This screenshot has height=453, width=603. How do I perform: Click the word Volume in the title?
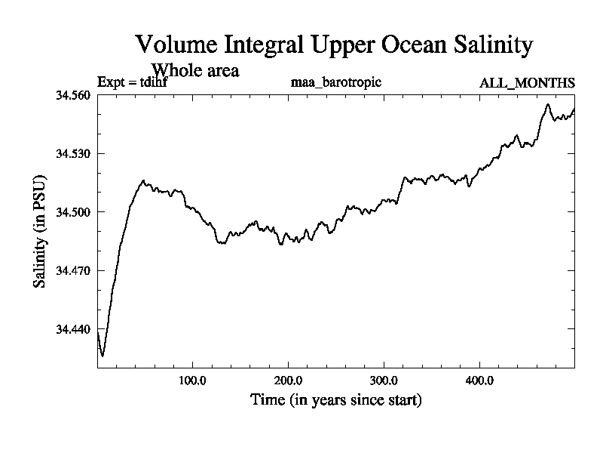point(173,45)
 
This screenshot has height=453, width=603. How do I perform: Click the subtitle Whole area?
point(195,71)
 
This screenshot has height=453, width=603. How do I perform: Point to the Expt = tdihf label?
point(133,82)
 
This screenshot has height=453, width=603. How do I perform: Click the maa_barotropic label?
point(335,82)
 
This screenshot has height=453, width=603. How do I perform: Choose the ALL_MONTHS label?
point(527,82)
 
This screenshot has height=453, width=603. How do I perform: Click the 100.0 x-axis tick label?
point(193,380)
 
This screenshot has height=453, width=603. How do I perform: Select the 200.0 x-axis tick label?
point(289,380)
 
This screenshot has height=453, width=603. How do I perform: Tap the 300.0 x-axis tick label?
point(384,380)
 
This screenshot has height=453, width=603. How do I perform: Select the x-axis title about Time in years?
point(335,399)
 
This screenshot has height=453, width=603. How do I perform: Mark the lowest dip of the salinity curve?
point(103,355)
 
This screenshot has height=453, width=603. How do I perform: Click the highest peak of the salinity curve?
point(548,104)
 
